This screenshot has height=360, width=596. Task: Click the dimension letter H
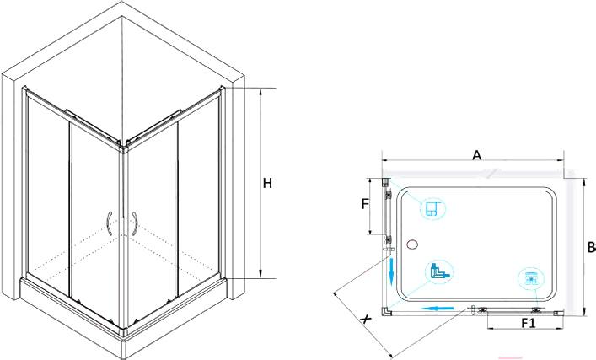point(267,182)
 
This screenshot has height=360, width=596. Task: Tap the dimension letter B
point(591,248)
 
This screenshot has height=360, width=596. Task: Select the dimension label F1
point(528,324)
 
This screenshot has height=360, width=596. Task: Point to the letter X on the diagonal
point(365,320)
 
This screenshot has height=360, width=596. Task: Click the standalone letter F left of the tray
point(364,204)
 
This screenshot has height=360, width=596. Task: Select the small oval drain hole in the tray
point(412,244)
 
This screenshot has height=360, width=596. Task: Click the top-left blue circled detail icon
point(432,207)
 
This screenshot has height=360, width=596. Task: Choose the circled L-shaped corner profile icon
point(438,271)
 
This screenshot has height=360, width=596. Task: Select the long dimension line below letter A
point(472,163)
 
